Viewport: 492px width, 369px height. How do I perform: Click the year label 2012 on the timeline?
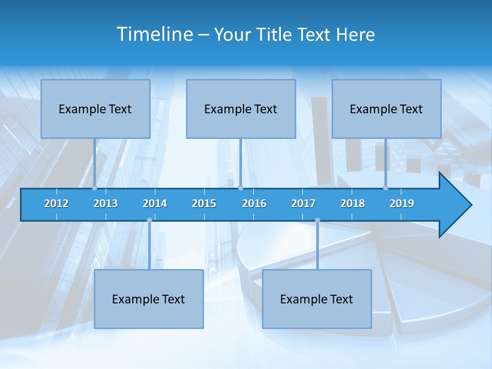pos(56,203)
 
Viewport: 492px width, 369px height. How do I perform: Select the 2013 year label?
pos(106,203)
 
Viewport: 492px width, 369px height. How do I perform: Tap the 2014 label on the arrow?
pos(155,203)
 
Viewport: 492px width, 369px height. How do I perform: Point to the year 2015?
pos(204,203)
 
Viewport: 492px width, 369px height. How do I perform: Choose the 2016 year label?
pos(254,203)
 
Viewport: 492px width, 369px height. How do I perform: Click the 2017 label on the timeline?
pos(303,203)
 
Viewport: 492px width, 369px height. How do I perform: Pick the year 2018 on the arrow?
pos(353,203)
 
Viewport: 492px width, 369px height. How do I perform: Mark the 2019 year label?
pos(402,203)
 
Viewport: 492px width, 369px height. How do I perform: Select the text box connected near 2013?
pos(95,109)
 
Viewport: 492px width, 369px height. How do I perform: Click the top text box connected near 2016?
pos(241,109)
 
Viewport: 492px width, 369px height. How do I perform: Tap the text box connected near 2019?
pos(386,109)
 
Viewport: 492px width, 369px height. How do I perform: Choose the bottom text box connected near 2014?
pos(149,299)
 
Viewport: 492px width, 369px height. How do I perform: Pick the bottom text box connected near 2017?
pos(317,299)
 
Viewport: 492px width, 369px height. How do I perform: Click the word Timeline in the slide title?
pos(155,34)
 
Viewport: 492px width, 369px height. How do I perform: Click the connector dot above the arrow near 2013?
pos(95,188)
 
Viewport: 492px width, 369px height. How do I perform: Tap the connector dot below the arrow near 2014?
pos(149,220)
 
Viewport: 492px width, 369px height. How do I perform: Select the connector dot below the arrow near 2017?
pos(317,220)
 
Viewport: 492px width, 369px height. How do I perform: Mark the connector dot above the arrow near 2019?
pos(386,188)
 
